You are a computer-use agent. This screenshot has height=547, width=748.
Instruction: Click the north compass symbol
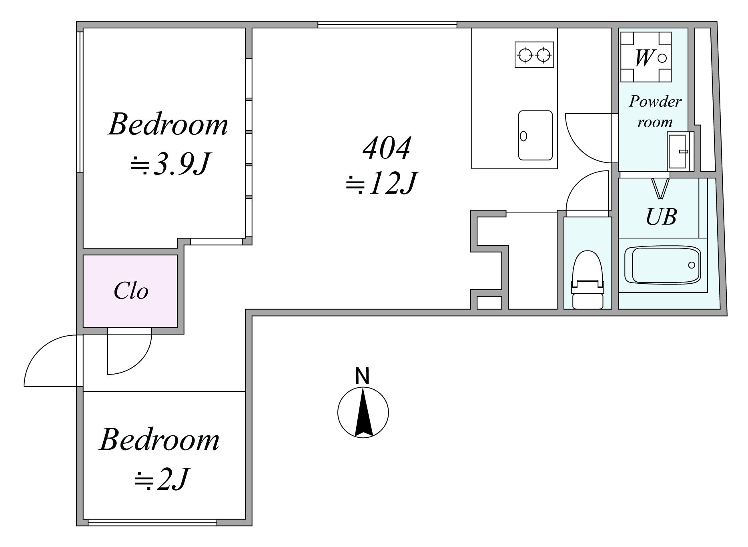tap(363, 412)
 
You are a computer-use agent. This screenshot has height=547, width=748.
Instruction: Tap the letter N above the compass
tap(362, 376)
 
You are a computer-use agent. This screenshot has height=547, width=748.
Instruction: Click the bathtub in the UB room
tap(663, 265)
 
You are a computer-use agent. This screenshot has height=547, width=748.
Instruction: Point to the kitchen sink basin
tap(535, 135)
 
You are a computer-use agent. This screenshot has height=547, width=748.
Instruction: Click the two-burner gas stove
tap(534, 54)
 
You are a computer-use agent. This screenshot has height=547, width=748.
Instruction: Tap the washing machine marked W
tap(646, 57)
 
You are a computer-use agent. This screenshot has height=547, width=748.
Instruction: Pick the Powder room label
tap(655, 112)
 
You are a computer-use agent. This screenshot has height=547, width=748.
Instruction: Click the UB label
tap(661, 217)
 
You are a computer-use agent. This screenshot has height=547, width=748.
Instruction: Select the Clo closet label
tap(131, 291)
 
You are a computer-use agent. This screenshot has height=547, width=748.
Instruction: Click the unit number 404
tap(387, 148)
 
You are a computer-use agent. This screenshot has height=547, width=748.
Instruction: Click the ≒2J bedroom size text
tap(161, 479)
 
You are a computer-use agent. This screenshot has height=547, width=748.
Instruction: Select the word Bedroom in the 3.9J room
tap(168, 124)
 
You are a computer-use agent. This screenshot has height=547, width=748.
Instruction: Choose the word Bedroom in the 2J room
tap(159, 440)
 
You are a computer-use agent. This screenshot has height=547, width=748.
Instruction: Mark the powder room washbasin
tap(679, 151)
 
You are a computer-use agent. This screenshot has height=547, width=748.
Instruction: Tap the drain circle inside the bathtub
tap(692, 265)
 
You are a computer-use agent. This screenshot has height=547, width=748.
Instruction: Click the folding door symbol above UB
tap(660, 188)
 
